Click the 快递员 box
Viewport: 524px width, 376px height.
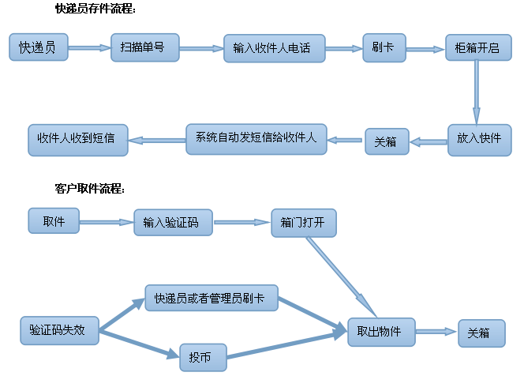tap(38, 48)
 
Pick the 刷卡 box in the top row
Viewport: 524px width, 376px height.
tap(384, 48)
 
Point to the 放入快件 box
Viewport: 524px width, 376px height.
tap(479, 139)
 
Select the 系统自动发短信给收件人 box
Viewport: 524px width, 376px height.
tap(256, 138)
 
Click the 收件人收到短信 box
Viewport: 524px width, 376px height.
tap(77, 138)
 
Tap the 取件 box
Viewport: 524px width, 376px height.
tap(54, 221)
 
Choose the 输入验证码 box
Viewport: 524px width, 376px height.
tap(173, 224)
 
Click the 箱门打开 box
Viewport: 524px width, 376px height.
tap(303, 223)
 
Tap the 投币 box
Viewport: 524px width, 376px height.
tap(203, 356)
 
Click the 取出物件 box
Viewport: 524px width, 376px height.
tap(381, 332)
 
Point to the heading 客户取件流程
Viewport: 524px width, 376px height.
tap(90, 189)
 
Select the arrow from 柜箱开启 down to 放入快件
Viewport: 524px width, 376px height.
tap(476, 93)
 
